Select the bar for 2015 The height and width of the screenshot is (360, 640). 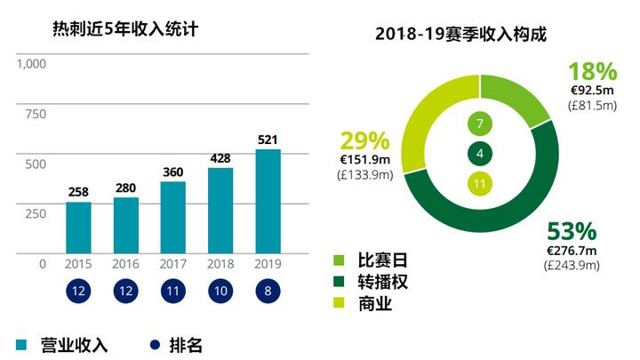[x=78, y=228]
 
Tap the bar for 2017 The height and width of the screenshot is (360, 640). [x=173, y=217]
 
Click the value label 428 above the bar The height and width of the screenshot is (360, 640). [x=220, y=158]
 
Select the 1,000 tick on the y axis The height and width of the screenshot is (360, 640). [x=30, y=64]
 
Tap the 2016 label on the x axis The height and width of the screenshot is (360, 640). [x=126, y=264]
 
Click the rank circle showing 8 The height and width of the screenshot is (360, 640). [x=268, y=292]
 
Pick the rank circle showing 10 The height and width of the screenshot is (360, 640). [x=220, y=292]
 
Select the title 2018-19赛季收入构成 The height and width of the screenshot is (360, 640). [x=460, y=36]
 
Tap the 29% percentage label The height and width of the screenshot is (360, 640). [x=364, y=140]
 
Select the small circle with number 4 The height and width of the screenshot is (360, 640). [x=480, y=154]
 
